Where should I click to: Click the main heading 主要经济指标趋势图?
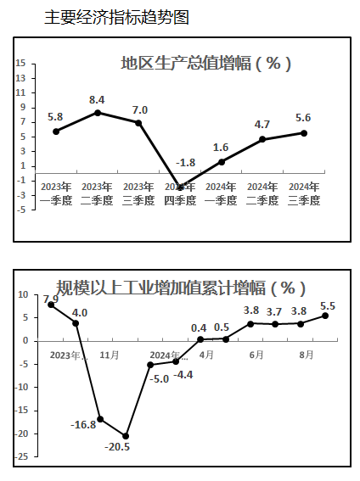pos(116,17)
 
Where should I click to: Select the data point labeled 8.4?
pos(98,113)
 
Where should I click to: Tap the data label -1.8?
pos(186,163)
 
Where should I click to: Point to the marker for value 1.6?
pos(222,162)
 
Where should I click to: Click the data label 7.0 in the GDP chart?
pos(140,109)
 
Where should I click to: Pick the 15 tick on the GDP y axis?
pos(21,63)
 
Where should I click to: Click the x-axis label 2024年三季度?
pos(304,193)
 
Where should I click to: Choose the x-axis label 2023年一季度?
pos(56,193)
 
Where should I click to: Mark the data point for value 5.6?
pos(304,133)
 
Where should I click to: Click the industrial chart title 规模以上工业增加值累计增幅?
pos(181,288)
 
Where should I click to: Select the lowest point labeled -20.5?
pos(126,436)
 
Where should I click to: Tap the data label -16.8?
pos(83,425)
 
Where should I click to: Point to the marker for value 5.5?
pos(325,316)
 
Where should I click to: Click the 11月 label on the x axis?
pos(110,355)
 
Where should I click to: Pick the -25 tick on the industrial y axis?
pos(21,456)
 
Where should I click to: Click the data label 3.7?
pos(274,312)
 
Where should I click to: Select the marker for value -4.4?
pos(176,361)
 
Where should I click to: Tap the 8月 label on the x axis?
pos(307,355)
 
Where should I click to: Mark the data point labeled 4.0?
pos(76,323)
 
